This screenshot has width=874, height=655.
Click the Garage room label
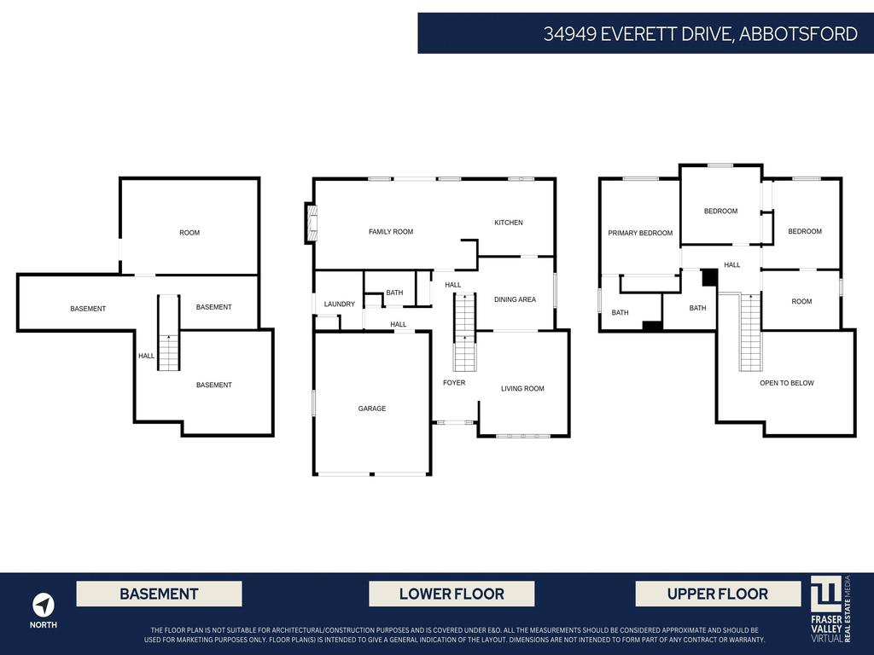[371, 409]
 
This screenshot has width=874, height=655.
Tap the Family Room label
[390, 232]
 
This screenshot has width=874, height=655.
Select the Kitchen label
[508, 223]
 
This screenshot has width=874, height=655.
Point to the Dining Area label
[515, 299]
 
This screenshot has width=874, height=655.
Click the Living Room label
[521, 389]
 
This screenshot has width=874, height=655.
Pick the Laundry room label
[339, 304]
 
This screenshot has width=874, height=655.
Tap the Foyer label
[454, 383]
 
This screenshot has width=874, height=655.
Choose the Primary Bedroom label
[639, 233]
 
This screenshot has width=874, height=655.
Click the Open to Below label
[786, 383]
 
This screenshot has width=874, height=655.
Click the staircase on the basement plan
[169, 333]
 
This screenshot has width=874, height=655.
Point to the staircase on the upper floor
[750, 333]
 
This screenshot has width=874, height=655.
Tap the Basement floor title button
[159, 594]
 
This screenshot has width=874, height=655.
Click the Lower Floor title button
[452, 594]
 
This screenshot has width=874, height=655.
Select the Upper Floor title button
[718, 594]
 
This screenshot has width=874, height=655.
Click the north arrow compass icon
[44, 605]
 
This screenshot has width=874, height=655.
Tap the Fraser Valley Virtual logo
[830, 608]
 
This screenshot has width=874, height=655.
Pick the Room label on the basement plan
[189, 233]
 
